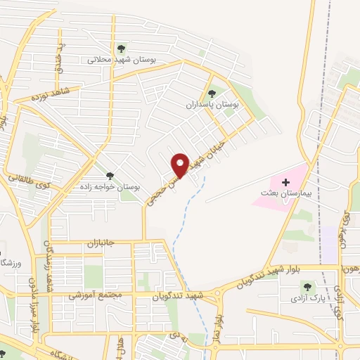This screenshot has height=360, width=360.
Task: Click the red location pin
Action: (180, 165)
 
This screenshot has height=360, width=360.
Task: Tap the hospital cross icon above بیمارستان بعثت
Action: (285, 182)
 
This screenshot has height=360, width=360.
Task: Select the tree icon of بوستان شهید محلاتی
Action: (122, 49)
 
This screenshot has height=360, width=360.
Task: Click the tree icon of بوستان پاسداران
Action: (211, 94)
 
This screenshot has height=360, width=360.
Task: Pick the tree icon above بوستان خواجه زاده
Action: (109, 176)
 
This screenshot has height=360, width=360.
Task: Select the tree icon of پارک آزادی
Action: (306, 286)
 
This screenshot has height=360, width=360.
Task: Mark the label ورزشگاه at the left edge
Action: (12, 264)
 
